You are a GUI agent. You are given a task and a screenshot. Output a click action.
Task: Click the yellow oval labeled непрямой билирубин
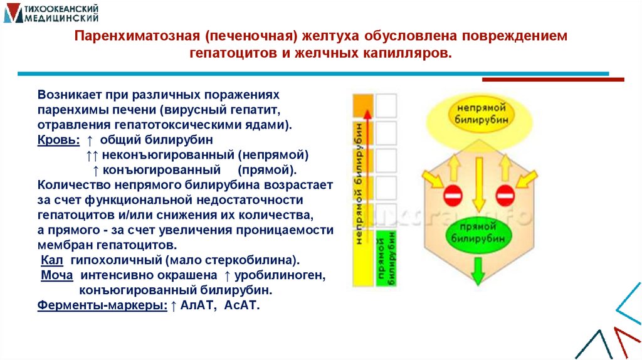(x=478, y=114)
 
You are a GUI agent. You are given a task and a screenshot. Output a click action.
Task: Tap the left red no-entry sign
(x=453, y=194)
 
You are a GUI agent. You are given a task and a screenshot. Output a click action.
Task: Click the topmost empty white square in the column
(x=386, y=105)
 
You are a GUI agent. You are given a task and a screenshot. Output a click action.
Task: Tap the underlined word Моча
(x=56, y=275)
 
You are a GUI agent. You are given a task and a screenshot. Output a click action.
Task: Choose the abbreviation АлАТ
(x=197, y=306)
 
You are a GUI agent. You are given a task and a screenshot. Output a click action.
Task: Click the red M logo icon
(x=12, y=14)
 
